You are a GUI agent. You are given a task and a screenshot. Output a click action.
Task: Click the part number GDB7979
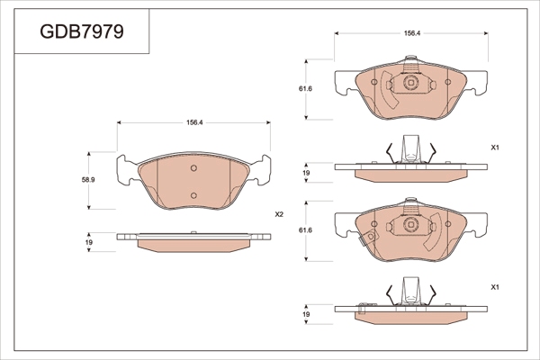[82, 31]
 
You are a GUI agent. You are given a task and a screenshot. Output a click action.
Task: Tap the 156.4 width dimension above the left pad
[194, 122]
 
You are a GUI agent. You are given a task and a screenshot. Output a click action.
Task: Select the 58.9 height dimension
[88, 179]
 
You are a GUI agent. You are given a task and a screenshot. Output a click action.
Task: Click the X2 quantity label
[279, 214]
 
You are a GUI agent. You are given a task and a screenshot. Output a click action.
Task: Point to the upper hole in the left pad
[193, 168]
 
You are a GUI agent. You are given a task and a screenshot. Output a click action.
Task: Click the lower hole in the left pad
[193, 195]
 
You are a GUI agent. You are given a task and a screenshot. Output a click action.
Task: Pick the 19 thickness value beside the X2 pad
[89, 242]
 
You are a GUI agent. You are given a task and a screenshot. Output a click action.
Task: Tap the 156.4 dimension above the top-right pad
[412, 33]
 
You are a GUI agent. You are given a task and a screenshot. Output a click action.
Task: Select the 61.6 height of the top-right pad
[305, 88]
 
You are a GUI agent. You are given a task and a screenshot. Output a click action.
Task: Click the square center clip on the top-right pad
[410, 83]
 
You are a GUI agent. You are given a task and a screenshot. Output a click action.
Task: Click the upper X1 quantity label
[495, 148]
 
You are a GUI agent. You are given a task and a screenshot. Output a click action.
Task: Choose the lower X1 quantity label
[495, 287]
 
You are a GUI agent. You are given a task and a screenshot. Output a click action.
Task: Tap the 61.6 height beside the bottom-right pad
[305, 229]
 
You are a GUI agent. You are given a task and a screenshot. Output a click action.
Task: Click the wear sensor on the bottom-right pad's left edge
[368, 238]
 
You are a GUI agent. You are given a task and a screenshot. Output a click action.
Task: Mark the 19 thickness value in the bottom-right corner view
[306, 314]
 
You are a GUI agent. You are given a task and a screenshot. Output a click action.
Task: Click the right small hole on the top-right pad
[447, 82]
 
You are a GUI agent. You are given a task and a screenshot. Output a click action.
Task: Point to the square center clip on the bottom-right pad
[410, 224]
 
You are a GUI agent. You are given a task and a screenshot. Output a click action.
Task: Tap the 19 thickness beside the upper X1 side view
[306, 173]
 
